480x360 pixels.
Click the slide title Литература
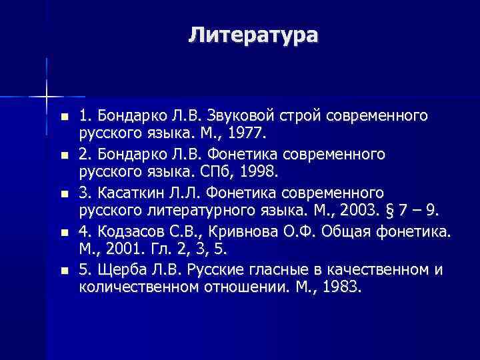point(253,34)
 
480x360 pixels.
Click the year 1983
point(341,288)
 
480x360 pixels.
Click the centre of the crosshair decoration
point(47,97)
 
